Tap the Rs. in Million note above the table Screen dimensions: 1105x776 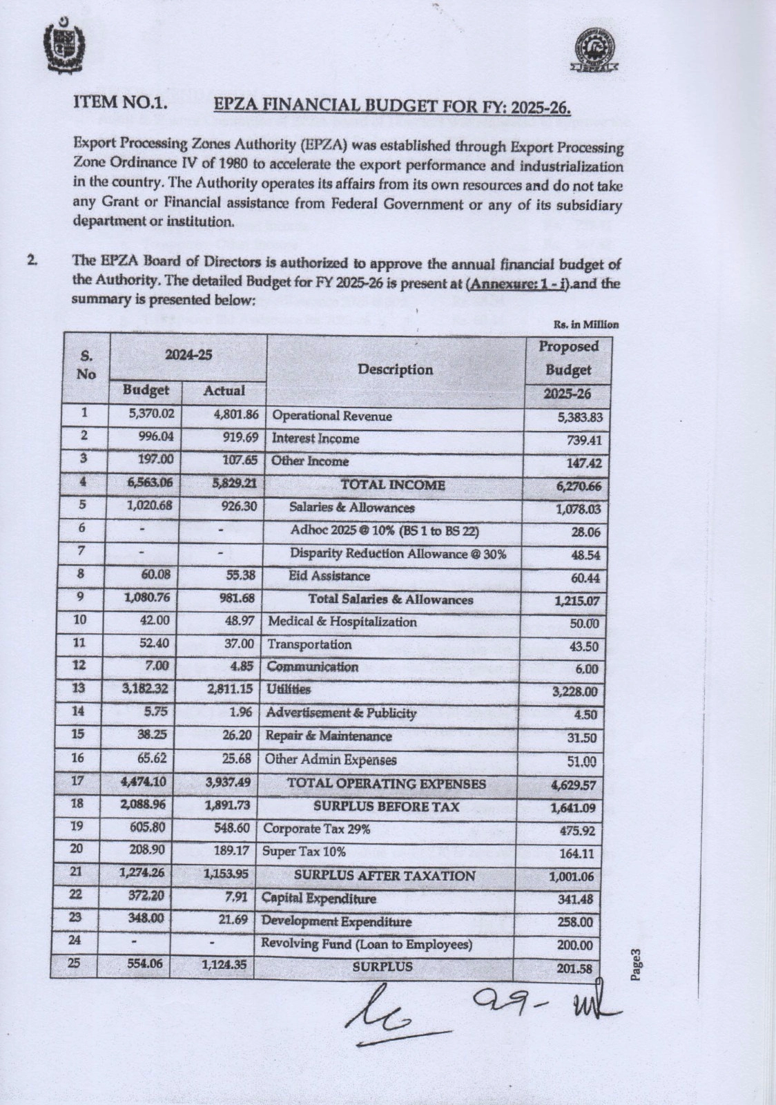(585, 325)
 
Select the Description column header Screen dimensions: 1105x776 (396, 369)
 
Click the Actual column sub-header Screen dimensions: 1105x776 (224, 391)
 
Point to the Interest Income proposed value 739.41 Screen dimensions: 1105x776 (579, 440)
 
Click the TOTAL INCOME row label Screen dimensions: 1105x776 (393, 485)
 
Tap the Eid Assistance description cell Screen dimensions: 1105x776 (329, 576)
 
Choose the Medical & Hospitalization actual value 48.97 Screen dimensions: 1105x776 (240, 621)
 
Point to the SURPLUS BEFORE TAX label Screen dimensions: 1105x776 (386, 807)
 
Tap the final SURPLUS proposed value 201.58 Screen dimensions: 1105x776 (574, 968)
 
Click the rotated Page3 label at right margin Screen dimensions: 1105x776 (637, 964)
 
